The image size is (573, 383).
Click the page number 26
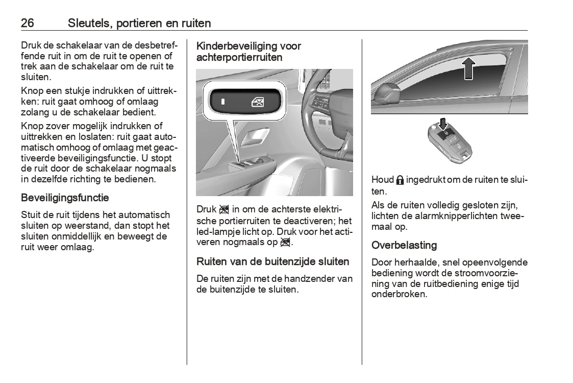(x=28, y=23)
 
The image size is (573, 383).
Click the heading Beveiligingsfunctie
(x=65, y=198)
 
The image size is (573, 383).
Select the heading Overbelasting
(x=404, y=245)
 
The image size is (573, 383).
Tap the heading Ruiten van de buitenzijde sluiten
(x=273, y=262)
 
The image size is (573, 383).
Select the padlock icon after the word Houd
(x=400, y=180)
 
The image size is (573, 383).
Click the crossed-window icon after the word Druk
(x=224, y=210)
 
